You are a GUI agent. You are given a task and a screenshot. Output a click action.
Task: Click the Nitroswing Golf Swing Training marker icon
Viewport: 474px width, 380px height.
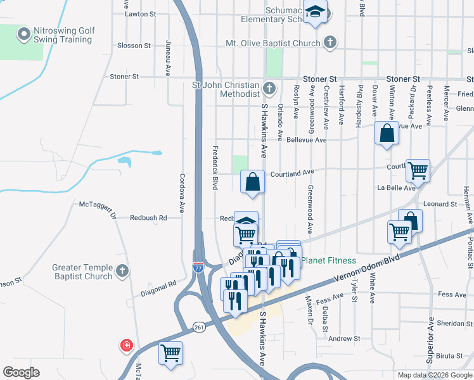pos(24,34)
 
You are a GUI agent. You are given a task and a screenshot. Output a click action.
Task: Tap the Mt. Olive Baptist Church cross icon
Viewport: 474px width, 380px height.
pos(330,43)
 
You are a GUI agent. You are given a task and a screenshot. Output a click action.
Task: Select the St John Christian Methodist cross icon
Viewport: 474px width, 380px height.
pos(269,87)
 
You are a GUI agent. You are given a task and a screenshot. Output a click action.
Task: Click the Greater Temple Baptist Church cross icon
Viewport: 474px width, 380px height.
pos(123,271)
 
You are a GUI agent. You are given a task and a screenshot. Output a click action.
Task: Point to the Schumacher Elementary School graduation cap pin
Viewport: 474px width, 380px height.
pos(315,12)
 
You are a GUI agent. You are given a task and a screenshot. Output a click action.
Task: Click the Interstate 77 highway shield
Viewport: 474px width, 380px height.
pos(198,269)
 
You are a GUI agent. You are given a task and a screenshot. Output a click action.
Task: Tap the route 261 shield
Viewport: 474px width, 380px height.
pos(198,326)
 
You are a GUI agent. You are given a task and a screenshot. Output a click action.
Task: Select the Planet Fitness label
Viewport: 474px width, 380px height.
pos(328,260)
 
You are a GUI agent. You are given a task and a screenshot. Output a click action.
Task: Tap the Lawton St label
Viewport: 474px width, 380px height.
pos(140,13)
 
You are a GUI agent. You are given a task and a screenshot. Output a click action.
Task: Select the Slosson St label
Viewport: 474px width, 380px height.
pos(134,46)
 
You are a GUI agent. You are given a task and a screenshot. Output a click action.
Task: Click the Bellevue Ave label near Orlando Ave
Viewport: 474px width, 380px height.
pos(306,139)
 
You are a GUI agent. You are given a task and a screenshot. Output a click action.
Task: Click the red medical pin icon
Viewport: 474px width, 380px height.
pos(127,345)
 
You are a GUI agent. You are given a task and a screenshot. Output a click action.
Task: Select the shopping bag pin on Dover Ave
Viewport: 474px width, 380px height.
pos(387,134)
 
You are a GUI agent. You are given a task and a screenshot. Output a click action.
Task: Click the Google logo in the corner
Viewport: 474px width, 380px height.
pos(21,372)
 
